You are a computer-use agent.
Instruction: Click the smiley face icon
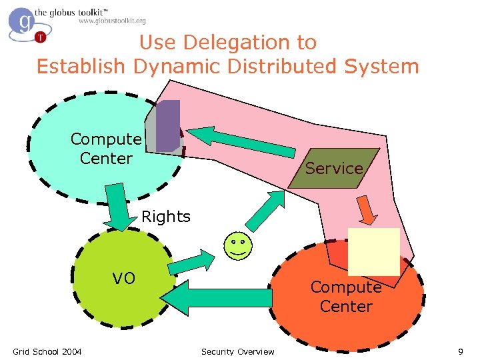[237, 246]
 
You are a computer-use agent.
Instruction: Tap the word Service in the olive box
[334, 168]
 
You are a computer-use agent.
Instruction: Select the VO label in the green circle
[123, 278]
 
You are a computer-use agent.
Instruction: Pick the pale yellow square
[373, 251]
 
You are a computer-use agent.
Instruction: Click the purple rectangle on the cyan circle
[169, 125]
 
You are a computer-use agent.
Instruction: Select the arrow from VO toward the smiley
[189, 262]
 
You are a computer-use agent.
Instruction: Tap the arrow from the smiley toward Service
[266, 209]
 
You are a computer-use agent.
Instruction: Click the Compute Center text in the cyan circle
[106, 149]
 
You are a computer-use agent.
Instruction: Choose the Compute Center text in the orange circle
[346, 297]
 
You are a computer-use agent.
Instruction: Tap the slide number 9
[460, 351]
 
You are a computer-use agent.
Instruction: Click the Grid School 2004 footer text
[47, 351]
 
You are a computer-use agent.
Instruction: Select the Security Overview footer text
[237, 351]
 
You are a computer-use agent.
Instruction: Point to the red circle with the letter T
[41, 37]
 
